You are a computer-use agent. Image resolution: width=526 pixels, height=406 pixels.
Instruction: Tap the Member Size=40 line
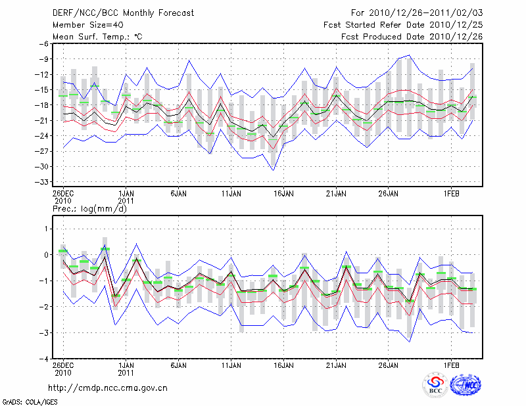pos(87,25)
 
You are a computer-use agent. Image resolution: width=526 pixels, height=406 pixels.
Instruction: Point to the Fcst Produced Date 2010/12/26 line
pos(412,37)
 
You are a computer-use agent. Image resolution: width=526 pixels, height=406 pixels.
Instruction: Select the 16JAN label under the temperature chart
pos(283,194)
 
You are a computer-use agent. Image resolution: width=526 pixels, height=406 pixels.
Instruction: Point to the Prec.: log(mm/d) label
pos(89,209)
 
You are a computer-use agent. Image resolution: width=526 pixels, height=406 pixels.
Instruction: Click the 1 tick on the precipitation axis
pos(47,229)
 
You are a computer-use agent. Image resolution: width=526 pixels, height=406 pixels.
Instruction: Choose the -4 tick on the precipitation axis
pos(45,359)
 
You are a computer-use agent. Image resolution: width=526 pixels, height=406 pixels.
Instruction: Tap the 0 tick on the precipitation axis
pos(47,255)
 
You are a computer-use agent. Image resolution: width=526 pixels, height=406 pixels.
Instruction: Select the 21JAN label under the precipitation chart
pos(336,365)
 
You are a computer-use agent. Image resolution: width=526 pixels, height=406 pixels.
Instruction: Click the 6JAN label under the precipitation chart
pos(178,365)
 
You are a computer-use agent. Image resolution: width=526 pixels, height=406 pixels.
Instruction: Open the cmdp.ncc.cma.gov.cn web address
pos(108,388)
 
